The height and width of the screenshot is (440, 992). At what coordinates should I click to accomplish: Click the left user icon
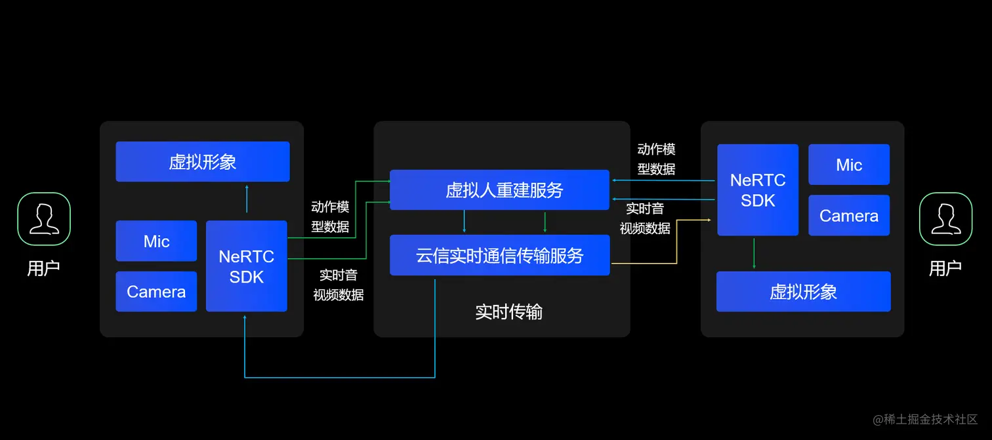tap(44, 218)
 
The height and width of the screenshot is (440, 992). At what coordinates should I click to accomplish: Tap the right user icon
tap(945, 218)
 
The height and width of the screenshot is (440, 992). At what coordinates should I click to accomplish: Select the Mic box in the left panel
tap(156, 241)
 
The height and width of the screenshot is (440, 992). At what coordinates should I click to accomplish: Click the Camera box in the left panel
tap(156, 291)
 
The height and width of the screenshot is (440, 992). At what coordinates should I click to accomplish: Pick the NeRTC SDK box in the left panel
tap(247, 266)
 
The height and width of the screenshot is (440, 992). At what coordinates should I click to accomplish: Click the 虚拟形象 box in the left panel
tap(203, 161)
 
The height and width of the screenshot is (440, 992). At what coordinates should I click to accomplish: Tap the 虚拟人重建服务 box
tap(499, 190)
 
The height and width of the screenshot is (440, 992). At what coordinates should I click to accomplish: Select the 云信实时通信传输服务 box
tap(499, 255)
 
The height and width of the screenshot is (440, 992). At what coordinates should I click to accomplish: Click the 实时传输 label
tap(508, 311)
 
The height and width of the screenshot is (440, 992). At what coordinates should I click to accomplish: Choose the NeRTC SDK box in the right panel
tap(758, 190)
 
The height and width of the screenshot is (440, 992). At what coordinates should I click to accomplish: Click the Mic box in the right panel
tap(849, 165)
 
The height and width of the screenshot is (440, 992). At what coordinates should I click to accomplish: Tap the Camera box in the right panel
tap(849, 215)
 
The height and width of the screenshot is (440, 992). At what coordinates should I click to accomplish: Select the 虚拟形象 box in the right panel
tap(803, 291)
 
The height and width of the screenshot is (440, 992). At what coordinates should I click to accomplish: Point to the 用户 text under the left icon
tap(44, 268)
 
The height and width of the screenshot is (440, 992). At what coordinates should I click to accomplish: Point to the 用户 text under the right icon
tap(945, 268)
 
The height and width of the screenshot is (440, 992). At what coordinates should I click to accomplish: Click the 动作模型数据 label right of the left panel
tap(331, 217)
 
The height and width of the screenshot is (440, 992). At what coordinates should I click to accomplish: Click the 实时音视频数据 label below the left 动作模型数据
tap(339, 285)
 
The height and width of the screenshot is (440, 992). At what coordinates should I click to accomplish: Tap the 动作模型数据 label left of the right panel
tap(657, 159)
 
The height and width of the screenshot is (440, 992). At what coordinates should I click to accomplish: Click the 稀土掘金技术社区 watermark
tap(925, 419)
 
